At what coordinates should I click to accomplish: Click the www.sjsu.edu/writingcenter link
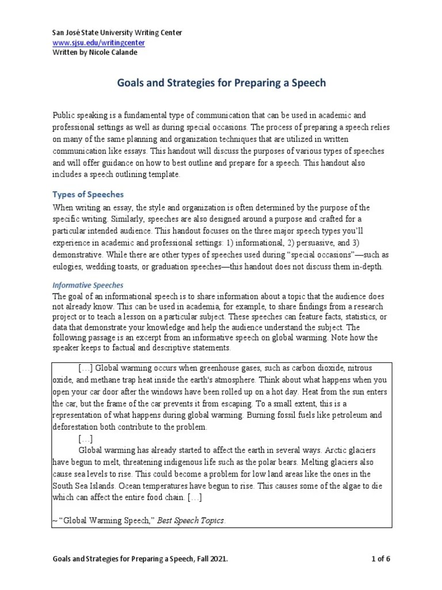click(x=98, y=42)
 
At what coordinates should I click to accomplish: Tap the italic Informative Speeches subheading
click(x=88, y=285)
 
